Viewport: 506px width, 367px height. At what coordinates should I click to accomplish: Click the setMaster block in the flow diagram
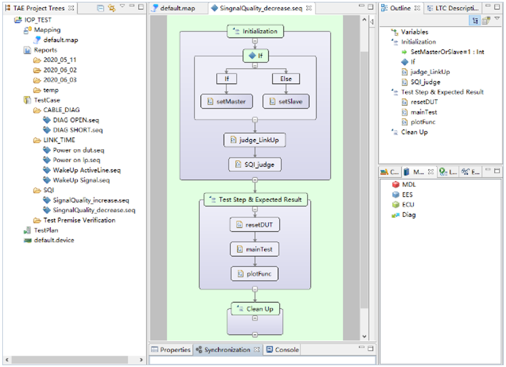[226, 102]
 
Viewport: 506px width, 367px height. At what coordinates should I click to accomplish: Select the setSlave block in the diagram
[286, 102]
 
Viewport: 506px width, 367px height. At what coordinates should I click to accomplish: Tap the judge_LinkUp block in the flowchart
[255, 140]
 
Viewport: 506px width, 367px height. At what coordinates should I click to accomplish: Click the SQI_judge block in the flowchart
[255, 165]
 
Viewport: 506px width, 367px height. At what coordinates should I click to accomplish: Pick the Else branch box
[286, 79]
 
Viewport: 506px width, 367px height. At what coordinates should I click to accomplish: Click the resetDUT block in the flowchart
[255, 225]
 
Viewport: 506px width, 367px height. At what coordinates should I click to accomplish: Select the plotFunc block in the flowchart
[255, 274]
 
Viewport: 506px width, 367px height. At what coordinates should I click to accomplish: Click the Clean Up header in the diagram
[255, 309]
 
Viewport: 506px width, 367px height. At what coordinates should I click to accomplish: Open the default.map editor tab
[178, 8]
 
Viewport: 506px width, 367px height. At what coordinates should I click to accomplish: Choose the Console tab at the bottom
[282, 350]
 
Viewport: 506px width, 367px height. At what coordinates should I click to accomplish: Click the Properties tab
[171, 350]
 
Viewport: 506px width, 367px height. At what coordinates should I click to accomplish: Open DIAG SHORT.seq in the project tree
[78, 130]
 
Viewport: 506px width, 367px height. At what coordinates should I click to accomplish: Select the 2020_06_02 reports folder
[60, 70]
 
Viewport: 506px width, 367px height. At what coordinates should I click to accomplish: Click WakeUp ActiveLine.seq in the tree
[87, 170]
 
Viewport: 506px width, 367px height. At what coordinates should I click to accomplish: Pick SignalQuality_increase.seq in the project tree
[91, 200]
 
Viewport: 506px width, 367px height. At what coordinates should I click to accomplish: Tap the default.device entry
[54, 240]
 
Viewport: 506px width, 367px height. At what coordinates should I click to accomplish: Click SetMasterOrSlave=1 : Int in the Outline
[447, 52]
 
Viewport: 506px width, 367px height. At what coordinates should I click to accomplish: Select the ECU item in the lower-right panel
[408, 205]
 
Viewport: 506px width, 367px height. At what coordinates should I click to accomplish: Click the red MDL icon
[395, 185]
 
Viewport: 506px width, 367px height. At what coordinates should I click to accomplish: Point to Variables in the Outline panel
[414, 32]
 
